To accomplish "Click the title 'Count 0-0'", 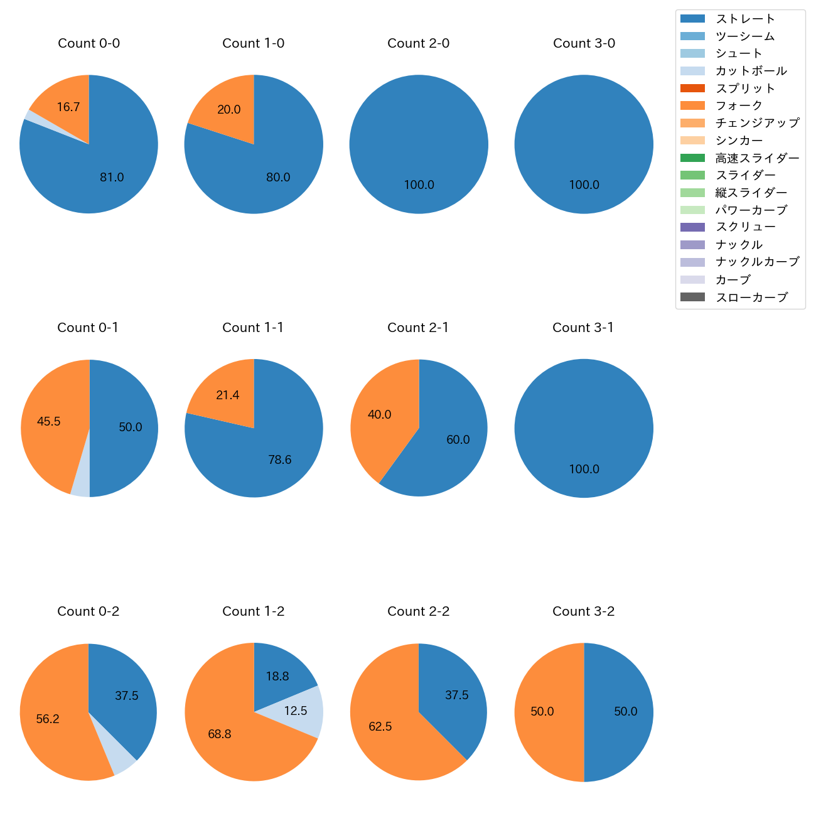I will [x=89, y=43].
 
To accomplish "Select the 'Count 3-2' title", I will [x=583, y=611].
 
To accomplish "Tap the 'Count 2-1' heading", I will [x=418, y=328].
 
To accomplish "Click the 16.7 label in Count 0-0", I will [x=68, y=107].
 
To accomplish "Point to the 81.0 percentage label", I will [x=112, y=178].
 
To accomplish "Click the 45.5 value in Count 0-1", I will [x=48, y=422].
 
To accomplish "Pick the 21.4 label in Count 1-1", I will [x=227, y=395].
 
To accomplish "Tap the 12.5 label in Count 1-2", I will [x=296, y=711].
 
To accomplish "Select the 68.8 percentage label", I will [x=220, y=734].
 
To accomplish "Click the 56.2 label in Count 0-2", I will [x=48, y=719].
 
